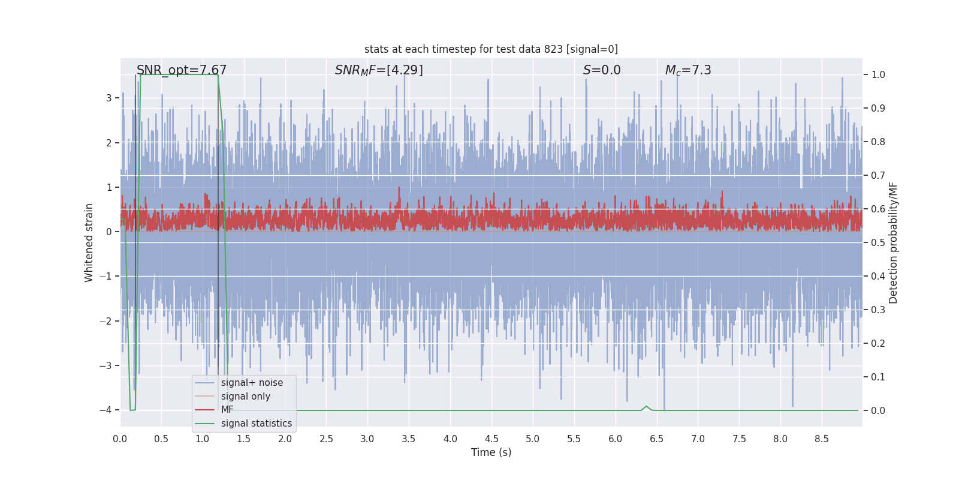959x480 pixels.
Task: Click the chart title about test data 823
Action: pos(491,49)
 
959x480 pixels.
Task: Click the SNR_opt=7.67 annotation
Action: pos(182,70)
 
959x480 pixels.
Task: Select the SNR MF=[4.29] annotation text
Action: pos(379,70)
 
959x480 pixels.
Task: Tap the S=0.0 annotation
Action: pos(602,70)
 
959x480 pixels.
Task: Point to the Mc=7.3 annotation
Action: pos(688,70)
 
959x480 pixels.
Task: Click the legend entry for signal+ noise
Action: pos(252,383)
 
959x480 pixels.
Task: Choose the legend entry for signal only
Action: pos(245,397)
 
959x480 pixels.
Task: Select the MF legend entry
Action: pos(227,410)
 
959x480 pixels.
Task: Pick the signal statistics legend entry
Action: pos(256,424)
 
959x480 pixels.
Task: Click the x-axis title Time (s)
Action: pos(491,452)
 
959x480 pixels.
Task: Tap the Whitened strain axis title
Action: pos(89,242)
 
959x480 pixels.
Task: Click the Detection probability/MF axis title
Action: pos(893,242)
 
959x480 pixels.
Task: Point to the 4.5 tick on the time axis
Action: pos(491,439)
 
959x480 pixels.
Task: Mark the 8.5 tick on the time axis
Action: pos(822,439)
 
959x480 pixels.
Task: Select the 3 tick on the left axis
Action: pos(108,98)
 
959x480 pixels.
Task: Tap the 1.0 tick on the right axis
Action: pos(878,75)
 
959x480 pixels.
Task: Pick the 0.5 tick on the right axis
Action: pos(878,243)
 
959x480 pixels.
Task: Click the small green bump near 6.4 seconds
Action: pos(646,407)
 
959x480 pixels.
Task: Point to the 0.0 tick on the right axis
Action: pos(878,411)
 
